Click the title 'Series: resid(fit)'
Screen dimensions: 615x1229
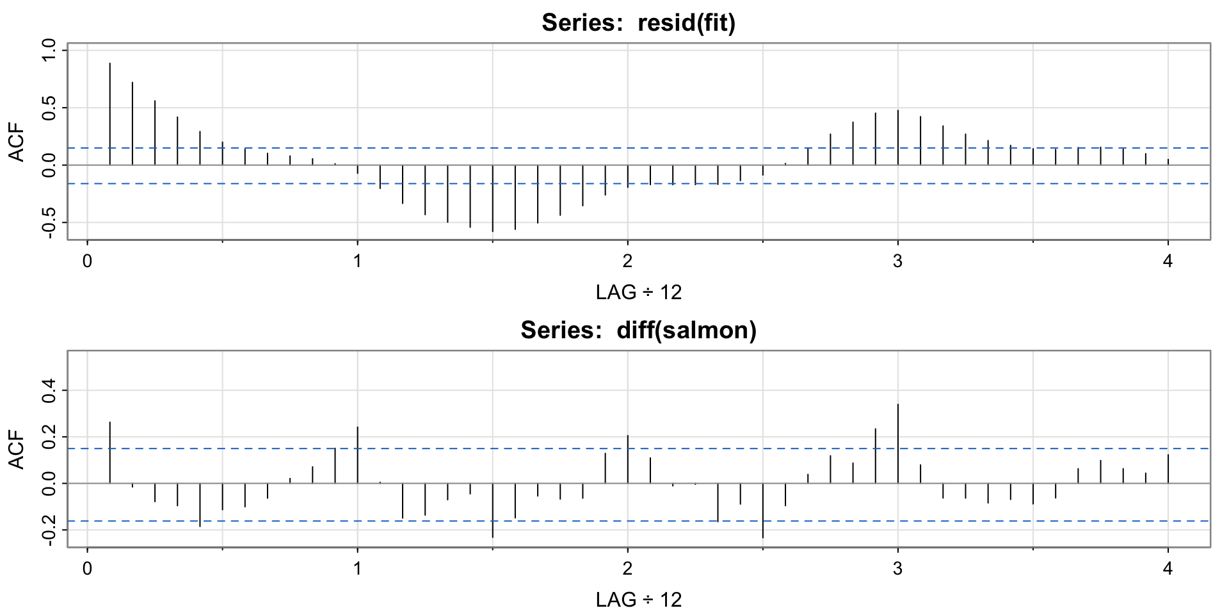click(x=638, y=23)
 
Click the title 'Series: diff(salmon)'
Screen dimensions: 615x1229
click(x=638, y=330)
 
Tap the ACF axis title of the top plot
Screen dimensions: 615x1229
click(x=17, y=142)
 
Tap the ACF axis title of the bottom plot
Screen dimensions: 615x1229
click(x=17, y=449)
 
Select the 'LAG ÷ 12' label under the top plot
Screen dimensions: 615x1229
click(x=638, y=292)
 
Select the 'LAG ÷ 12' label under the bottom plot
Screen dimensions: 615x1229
click(x=638, y=600)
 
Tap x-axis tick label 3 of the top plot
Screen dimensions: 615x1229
click(x=897, y=261)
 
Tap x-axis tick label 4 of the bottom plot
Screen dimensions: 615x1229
click(x=1168, y=568)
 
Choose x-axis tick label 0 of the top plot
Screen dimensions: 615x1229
click(x=87, y=261)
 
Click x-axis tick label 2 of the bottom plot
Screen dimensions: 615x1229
click(x=627, y=568)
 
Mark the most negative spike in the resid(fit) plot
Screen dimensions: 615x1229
click(x=492, y=199)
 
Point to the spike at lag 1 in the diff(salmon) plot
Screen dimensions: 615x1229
click(x=357, y=455)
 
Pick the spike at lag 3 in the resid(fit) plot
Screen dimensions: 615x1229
click(x=897, y=137)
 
